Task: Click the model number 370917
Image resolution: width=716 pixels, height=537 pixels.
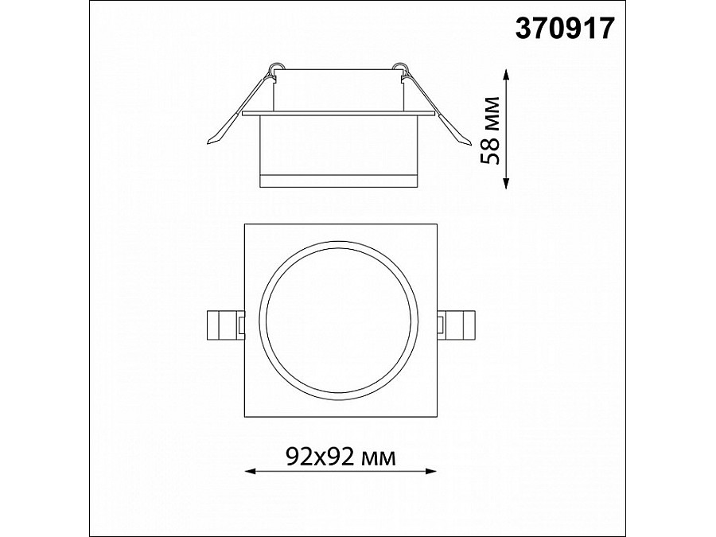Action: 566,29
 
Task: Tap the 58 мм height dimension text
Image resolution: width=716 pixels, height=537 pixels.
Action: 490,130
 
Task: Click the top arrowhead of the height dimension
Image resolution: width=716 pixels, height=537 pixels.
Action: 505,75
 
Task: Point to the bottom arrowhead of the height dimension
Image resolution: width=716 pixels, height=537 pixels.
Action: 505,183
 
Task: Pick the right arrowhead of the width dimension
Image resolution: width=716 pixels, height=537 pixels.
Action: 430,471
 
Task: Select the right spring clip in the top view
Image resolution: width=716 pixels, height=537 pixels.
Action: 456,325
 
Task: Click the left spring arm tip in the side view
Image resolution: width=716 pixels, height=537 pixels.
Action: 209,143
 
